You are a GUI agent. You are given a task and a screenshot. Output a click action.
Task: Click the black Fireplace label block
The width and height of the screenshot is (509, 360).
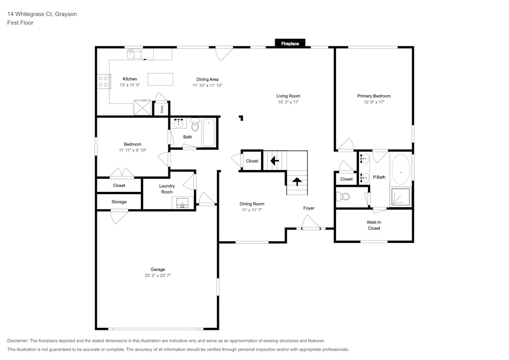pyautogui.click(x=290, y=44)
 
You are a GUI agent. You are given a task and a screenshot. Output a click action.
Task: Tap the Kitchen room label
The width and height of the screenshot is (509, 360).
pyautogui.click(x=130, y=79)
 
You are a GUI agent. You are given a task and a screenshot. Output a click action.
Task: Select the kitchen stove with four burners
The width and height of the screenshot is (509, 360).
pyautogui.click(x=103, y=81)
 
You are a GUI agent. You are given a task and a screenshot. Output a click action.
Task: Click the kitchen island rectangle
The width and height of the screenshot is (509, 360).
pyautogui.click(x=160, y=79)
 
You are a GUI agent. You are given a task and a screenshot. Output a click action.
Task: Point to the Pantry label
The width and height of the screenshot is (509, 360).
pyautogui.click(x=162, y=108)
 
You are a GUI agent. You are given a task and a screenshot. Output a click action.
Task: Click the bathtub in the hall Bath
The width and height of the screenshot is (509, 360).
pyautogui.click(x=209, y=132)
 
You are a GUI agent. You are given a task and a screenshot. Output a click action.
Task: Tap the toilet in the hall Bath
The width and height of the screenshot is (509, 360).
pyautogui.click(x=195, y=125)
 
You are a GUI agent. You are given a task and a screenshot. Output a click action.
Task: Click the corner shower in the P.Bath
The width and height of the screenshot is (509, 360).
pyautogui.click(x=400, y=197)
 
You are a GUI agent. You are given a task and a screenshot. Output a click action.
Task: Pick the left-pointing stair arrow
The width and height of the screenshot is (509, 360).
pyautogui.click(x=274, y=161)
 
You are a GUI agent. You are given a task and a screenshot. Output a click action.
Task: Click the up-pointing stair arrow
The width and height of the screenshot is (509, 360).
pyautogui.click(x=297, y=182)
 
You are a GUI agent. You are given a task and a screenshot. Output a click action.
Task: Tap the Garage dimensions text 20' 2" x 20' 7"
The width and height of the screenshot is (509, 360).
pyautogui.click(x=158, y=275)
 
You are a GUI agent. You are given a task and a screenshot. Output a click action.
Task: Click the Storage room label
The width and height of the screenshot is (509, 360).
pyautogui.click(x=119, y=202)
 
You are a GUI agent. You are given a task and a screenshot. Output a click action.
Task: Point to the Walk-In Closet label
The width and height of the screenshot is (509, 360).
pyautogui.click(x=374, y=225)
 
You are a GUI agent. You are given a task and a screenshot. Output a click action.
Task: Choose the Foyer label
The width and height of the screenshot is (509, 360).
pyautogui.click(x=309, y=208)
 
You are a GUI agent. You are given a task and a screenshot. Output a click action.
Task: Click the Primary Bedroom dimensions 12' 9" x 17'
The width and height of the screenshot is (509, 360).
pyautogui.click(x=374, y=102)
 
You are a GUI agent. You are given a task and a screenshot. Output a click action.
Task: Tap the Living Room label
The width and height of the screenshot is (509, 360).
pyautogui.click(x=288, y=96)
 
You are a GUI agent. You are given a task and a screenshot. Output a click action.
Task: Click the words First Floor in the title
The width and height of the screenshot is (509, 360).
pyautogui.click(x=20, y=23)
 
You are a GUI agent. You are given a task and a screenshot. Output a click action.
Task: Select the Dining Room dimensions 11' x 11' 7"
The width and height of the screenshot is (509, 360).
pyautogui.click(x=252, y=210)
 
